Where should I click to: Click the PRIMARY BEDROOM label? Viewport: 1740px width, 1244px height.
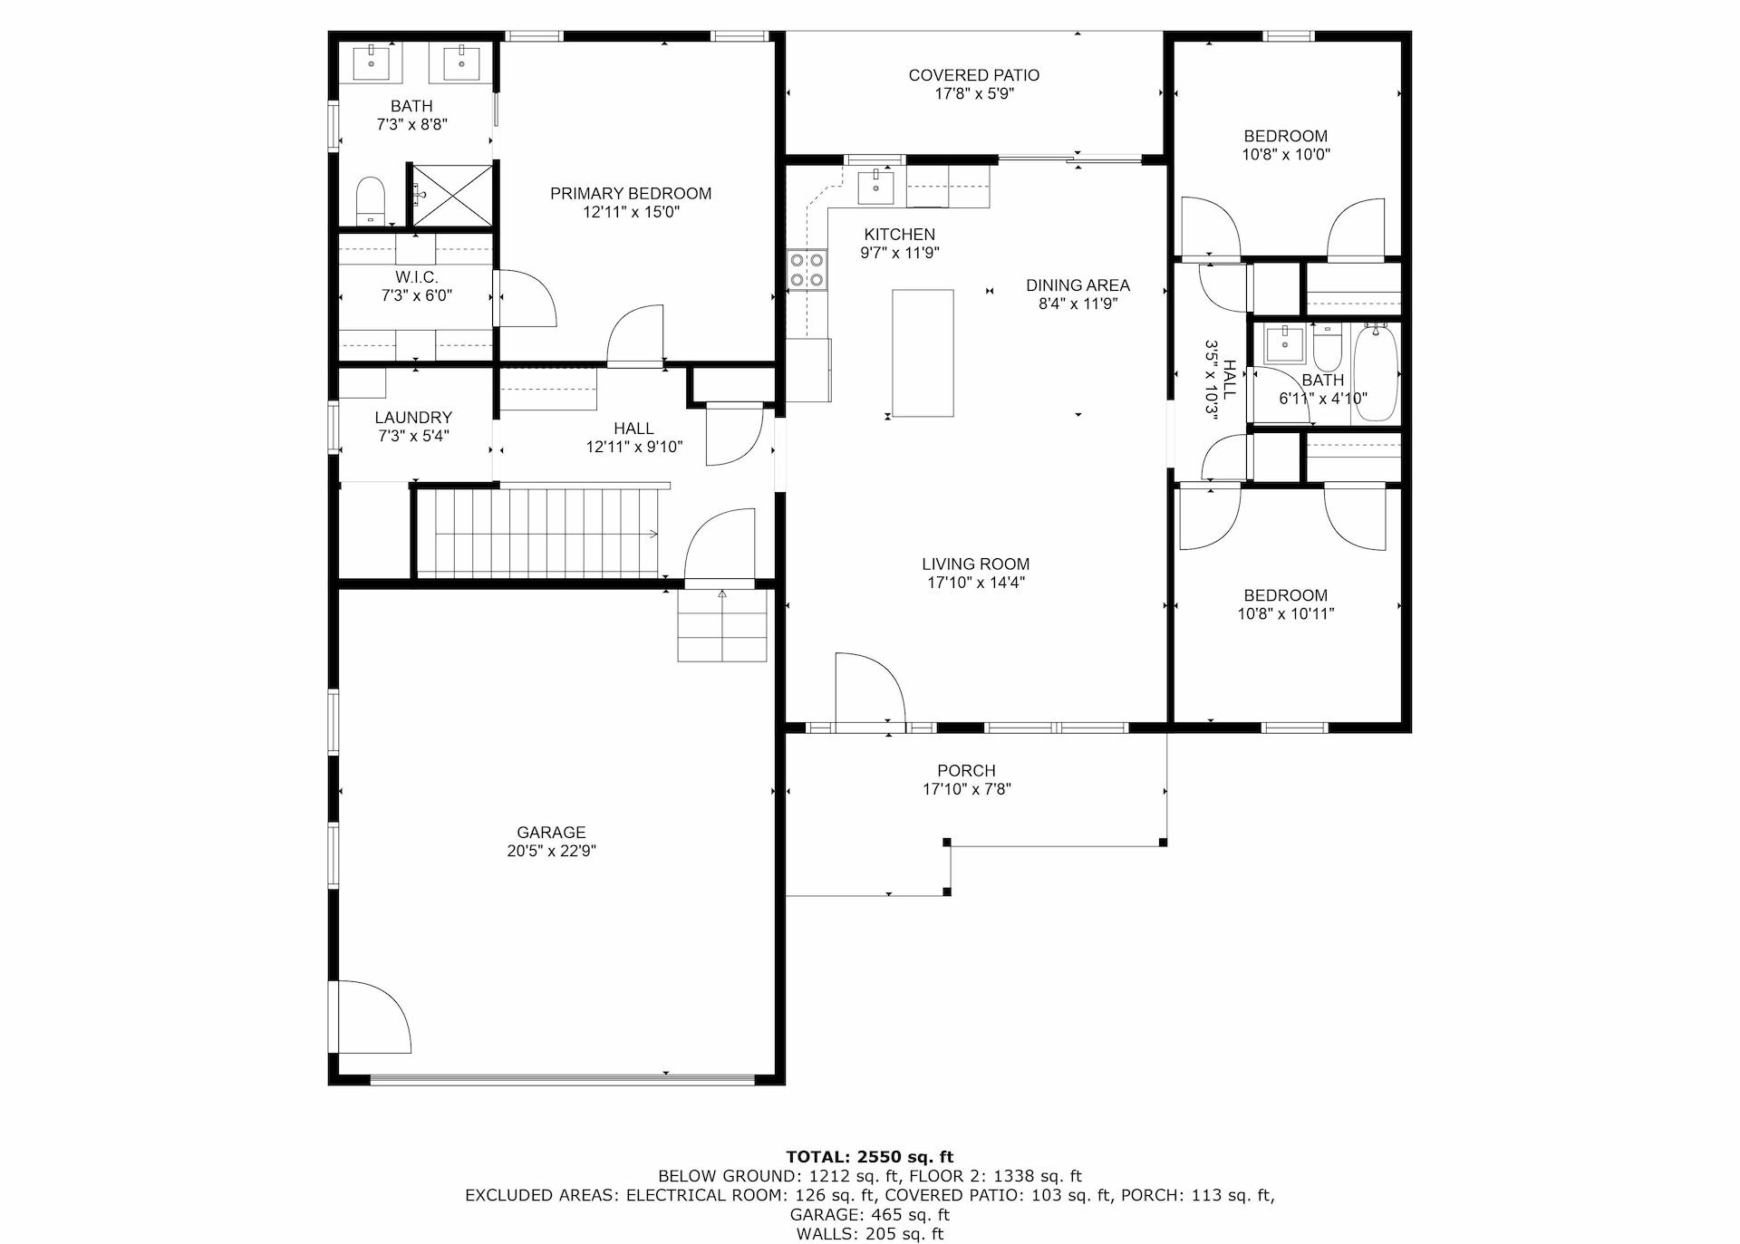(631, 193)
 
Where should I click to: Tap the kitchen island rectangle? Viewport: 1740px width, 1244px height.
(923, 352)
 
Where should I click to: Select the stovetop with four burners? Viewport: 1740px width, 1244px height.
(807, 269)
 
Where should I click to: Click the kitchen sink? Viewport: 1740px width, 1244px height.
(875, 188)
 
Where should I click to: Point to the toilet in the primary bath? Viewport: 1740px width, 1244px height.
(371, 200)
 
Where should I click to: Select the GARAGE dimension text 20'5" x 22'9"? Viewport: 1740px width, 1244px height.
(551, 851)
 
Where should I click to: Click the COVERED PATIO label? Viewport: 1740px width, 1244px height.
(973, 75)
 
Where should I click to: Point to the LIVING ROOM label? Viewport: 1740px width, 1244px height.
(975, 564)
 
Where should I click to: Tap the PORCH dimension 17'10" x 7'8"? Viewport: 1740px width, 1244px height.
(966, 789)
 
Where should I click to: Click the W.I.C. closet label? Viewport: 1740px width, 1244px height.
(416, 277)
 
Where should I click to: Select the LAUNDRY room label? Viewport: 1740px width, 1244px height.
(413, 418)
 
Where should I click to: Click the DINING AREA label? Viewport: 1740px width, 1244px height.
(1078, 285)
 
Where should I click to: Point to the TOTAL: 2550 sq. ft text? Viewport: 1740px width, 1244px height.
(869, 1156)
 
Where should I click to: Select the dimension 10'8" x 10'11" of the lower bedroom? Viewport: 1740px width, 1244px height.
(1285, 613)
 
